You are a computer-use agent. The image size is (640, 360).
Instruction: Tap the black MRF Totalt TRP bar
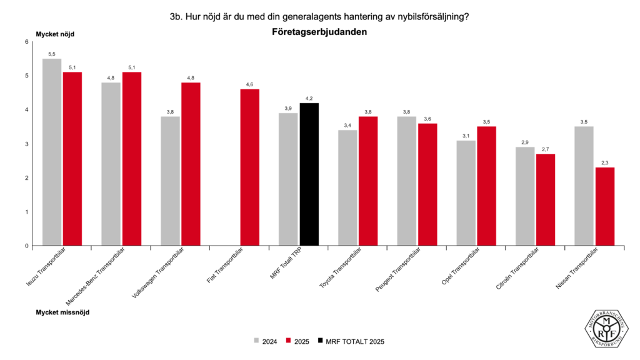pyautogui.click(x=309, y=174)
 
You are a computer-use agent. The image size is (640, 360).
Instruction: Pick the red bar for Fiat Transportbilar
pyautogui.click(x=250, y=167)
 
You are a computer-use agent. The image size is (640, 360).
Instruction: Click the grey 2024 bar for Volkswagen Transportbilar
pyautogui.click(x=170, y=181)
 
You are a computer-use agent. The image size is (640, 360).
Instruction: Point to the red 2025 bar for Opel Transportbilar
pyautogui.click(x=487, y=186)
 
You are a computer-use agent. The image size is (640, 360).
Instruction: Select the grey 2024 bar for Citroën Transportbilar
pyautogui.click(x=525, y=196)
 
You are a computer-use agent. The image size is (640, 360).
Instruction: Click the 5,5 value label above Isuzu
pyautogui.click(x=52, y=54)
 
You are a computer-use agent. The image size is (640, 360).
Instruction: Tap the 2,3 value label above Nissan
pyautogui.click(x=605, y=162)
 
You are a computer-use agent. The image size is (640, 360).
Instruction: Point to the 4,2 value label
pyautogui.click(x=309, y=98)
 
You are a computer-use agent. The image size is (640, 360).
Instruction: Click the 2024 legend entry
pyautogui.click(x=266, y=342)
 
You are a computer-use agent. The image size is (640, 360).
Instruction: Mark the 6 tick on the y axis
pyautogui.click(x=27, y=42)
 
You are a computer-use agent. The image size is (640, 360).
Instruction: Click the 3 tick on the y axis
pyautogui.click(x=27, y=144)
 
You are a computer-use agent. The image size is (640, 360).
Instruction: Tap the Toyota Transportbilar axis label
pyautogui.click(x=341, y=269)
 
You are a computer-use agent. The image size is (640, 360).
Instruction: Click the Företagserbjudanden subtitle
pyautogui.click(x=319, y=31)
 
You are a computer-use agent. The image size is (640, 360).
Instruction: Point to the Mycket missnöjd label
pyautogui.click(x=62, y=312)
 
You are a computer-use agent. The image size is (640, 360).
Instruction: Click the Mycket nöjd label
pyautogui.click(x=54, y=33)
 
